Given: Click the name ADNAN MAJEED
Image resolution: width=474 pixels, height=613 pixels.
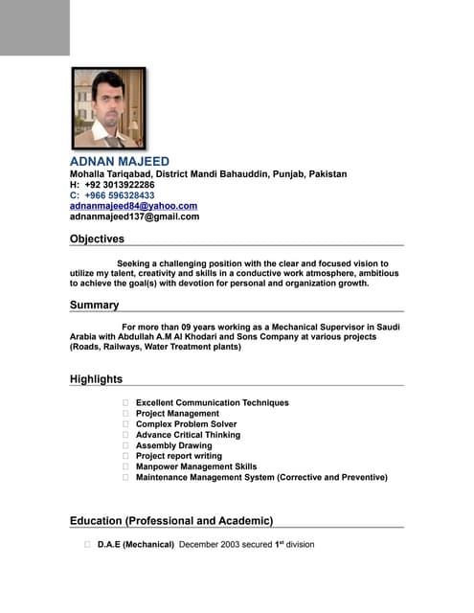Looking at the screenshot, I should (119, 161).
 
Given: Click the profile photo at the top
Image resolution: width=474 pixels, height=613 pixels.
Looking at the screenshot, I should (108, 108).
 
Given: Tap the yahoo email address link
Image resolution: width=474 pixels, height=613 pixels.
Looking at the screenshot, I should (133, 206).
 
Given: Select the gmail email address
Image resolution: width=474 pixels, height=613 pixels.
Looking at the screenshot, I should (134, 216).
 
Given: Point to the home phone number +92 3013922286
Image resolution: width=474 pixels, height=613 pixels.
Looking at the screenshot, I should (112, 185).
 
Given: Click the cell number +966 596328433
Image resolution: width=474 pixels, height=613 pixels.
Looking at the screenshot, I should (112, 195).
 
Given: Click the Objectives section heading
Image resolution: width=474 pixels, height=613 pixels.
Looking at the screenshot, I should (97, 239).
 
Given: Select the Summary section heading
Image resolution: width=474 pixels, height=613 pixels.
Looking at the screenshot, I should (94, 306).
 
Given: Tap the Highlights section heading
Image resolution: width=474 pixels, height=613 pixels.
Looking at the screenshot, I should (96, 380).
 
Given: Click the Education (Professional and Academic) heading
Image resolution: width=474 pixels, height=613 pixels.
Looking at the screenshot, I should (171, 521).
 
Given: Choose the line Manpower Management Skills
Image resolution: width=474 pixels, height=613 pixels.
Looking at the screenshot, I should (196, 466).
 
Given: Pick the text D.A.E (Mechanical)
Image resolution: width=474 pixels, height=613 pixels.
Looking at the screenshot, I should (135, 545).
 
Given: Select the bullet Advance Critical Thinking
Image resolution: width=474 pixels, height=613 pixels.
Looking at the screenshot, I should (188, 435).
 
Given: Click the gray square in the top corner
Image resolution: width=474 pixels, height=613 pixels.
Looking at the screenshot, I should (34, 27).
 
